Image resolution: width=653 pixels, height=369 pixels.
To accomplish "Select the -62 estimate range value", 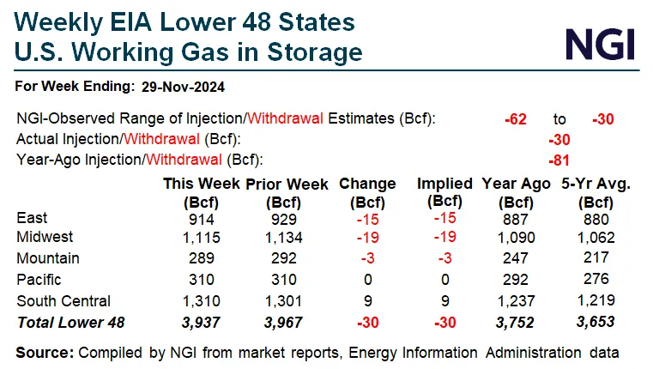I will (x=515, y=118).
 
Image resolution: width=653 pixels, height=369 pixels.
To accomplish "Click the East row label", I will (x=33, y=218).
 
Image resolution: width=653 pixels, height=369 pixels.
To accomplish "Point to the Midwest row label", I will (x=45, y=237).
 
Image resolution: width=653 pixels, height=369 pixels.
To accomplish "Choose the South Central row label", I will (x=63, y=300).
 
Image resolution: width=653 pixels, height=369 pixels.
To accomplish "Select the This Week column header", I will (x=203, y=183).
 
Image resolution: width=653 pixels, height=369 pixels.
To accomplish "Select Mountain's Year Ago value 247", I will (x=514, y=258).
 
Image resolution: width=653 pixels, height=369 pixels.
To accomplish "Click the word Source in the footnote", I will (x=44, y=352).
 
